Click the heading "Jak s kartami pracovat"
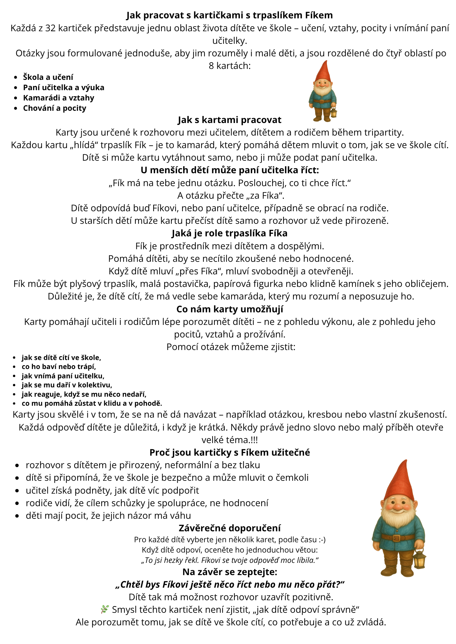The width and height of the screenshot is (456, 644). point(229,120)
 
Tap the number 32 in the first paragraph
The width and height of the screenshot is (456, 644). point(51,28)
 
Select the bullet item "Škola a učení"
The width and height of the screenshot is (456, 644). point(48,77)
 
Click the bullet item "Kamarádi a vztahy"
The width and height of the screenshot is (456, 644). point(58,98)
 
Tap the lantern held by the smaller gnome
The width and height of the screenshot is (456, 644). point(333,113)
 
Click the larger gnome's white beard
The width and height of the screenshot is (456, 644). point(397,522)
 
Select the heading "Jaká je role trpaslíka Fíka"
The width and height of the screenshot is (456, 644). point(229,233)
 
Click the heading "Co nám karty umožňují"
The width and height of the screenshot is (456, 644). point(229,309)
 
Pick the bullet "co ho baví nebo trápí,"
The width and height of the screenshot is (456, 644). point(59,367)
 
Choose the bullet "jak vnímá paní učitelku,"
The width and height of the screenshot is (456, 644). point(63,376)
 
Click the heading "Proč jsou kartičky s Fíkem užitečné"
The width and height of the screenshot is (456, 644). point(229,452)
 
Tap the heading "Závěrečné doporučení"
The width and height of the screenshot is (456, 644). point(229,528)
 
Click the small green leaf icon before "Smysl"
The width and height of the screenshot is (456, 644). point(104,609)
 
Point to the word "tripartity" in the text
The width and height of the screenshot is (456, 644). point(383,133)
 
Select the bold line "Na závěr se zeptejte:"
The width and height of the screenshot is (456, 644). point(229,572)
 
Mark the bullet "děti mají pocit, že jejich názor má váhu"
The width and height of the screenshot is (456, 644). point(108,516)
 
